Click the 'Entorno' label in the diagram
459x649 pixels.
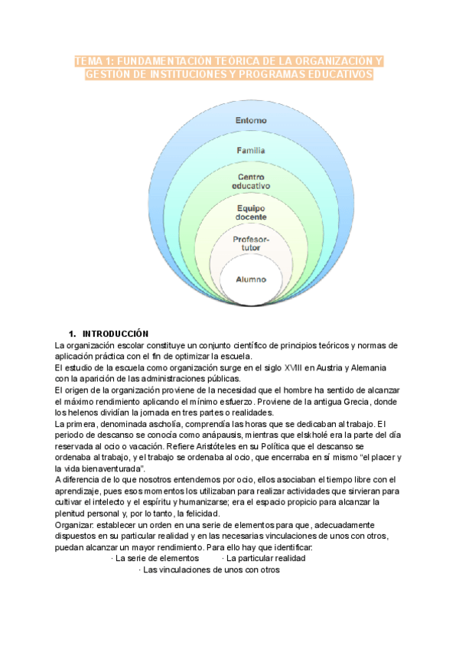pyautogui.click(x=251, y=120)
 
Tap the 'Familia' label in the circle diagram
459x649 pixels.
pyautogui.click(x=251, y=151)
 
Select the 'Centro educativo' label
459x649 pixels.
pyautogui.click(x=251, y=181)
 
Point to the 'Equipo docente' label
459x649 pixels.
pyautogui.click(x=251, y=212)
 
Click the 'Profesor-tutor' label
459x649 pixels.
pyautogui.click(x=251, y=244)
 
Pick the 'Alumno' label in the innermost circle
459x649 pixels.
pyautogui.click(x=251, y=280)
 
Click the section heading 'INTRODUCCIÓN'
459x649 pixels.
pyautogui.click(x=115, y=334)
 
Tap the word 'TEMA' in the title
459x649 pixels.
pyautogui.click(x=90, y=61)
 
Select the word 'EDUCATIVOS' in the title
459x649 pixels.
pyautogui.click(x=338, y=74)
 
